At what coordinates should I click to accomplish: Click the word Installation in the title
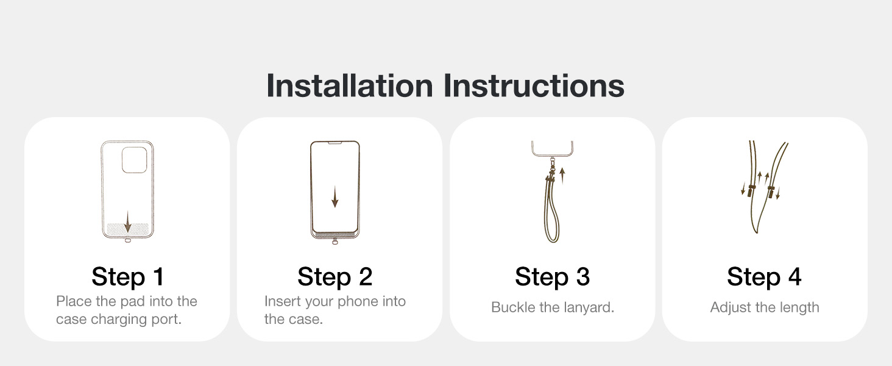350,85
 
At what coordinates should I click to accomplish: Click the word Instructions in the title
534,85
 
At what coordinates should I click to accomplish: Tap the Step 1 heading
128,276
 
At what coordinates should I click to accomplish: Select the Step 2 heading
335,276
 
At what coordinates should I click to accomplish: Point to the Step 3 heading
553,276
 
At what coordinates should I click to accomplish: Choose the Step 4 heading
764,276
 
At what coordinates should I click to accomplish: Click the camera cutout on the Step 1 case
134,160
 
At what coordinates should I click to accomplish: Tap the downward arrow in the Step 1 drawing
127,221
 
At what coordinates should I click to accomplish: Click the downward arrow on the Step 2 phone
335,196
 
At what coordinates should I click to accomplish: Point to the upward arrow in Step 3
562,176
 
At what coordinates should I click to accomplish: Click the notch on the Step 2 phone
335,142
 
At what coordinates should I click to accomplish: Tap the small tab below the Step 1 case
127,240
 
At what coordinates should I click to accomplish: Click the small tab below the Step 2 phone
335,242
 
